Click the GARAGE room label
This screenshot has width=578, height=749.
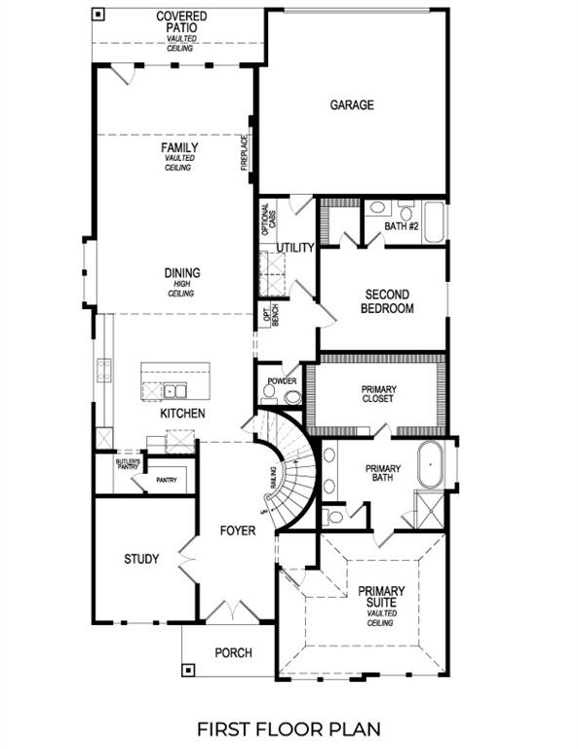click(x=351, y=105)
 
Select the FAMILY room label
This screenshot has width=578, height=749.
click(x=179, y=147)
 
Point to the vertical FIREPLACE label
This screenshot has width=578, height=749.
click(x=245, y=153)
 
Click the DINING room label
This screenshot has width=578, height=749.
click(x=181, y=273)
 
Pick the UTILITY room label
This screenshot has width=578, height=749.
click(x=295, y=248)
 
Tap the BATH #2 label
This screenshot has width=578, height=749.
click(x=400, y=226)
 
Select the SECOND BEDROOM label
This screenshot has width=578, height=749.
click(x=387, y=301)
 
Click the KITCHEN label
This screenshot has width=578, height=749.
click(x=182, y=414)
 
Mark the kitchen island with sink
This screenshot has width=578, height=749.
click(x=176, y=381)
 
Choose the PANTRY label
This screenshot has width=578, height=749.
click(x=166, y=480)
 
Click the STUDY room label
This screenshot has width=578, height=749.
click(x=141, y=559)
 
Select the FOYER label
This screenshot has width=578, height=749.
click(x=237, y=531)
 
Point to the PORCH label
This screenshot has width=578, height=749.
click(x=233, y=652)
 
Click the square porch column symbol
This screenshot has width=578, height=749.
click(x=188, y=671)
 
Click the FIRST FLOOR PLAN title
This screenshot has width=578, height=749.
click(x=289, y=729)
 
